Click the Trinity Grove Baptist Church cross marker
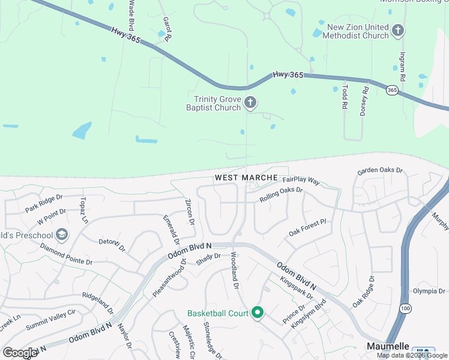tap(250, 103)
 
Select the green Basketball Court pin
tap(258, 313)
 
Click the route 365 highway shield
tap(392, 90)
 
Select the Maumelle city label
tap(388, 347)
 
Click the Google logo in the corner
tap(20, 352)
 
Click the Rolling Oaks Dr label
tap(281, 194)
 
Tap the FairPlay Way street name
tap(301, 180)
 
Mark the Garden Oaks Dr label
tap(380, 171)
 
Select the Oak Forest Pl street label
tap(307, 228)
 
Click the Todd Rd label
tap(345, 95)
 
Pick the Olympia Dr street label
tap(430, 291)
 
